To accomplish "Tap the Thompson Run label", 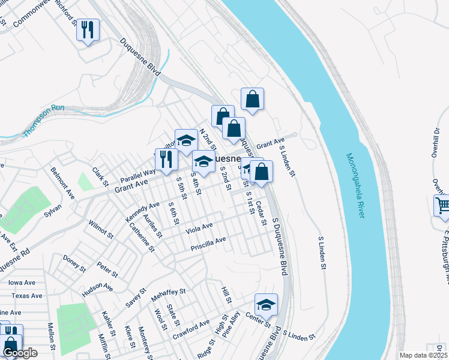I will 44,120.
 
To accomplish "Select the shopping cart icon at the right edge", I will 442,206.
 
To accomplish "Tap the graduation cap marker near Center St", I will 266,305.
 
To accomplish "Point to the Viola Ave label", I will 199,228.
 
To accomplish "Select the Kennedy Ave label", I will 142,212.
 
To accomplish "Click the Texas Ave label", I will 27,296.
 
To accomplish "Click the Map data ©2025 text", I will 424,355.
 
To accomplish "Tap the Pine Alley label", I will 231,325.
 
